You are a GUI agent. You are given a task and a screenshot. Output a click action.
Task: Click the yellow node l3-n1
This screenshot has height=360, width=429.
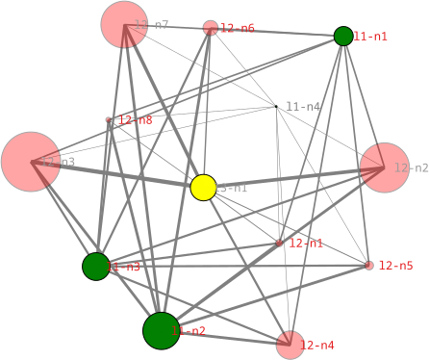pyautogui.click(x=203, y=188)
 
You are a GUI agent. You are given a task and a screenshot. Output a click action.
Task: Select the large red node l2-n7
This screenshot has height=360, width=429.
pyautogui.click(x=124, y=24)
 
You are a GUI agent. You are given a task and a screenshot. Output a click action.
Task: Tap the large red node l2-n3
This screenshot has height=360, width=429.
pyautogui.click(x=31, y=162)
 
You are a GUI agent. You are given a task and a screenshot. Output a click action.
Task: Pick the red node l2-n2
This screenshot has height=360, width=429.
pyautogui.click(x=385, y=167)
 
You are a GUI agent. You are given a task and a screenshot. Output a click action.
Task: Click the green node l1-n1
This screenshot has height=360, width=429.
pyautogui.click(x=343, y=36)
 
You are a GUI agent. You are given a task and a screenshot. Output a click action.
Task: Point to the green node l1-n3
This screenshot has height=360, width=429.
pyautogui.click(x=96, y=266)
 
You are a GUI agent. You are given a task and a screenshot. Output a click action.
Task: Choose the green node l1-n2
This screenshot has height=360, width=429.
pyautogui.click(x=162, y=330)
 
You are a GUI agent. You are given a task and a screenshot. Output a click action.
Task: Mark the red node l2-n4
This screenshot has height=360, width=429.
pyautogui.click(x=290, y=345)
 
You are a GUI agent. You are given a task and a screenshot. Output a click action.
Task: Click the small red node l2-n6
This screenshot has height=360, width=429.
pyautogui.click(x=211, y=28)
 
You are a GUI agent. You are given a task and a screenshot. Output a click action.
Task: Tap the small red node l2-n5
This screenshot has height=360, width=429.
pyautogui.click(x=369, y=266)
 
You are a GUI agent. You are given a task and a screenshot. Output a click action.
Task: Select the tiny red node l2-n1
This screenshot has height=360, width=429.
pyautogui.click(x=280, y=243)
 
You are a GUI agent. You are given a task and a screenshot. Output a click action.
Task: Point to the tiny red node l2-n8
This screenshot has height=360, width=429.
pyautogui.click(x=110, y=121)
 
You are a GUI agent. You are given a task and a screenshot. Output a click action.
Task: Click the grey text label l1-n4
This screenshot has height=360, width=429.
pyautogui.click(x=303, y=107)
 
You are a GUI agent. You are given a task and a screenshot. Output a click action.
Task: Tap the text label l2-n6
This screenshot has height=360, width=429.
pyautogui.click(x=238, y=28)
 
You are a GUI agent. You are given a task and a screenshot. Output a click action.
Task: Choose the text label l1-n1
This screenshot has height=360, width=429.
pyautogui.click(x=370, y=36)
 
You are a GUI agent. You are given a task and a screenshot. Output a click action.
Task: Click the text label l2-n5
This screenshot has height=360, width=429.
pyautogui.click(x=395, y=266)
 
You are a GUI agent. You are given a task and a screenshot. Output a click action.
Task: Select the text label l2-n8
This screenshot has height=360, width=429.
pyautogui.click(x=135, y=121)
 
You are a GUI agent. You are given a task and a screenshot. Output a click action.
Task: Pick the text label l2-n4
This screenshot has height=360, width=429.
pyautogui.click(x=318, y=345)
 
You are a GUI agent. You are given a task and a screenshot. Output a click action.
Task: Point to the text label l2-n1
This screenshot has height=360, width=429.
pyautogui.click(x=306, y=244)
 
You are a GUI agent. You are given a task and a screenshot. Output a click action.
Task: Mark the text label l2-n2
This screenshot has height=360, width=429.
pyautogui.click(x=412, y=167)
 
